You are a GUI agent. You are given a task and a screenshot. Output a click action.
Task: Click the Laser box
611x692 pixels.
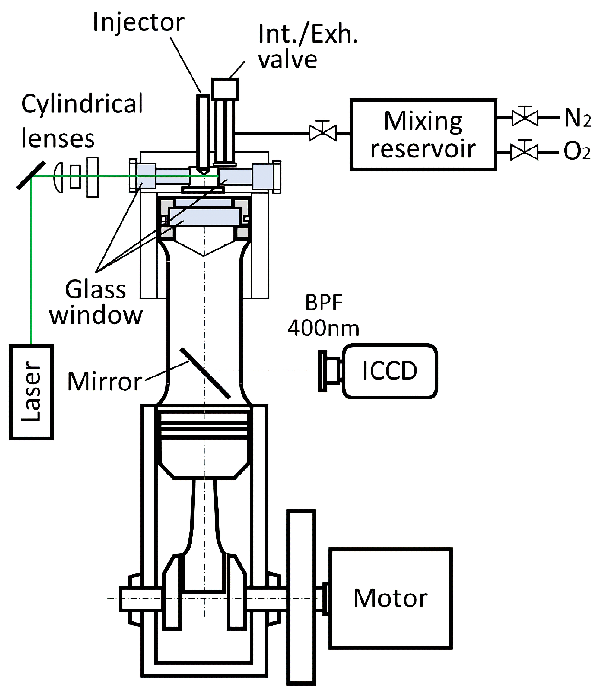tap(31, 392)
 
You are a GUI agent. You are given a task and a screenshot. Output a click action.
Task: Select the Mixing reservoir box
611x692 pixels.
tap(423, 135)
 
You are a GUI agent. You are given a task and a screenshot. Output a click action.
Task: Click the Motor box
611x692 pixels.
tap(390, 598)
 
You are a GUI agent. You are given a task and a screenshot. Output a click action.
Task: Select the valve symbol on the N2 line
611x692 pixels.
tap(525, 117)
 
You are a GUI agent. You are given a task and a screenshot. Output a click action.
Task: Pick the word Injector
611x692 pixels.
tap(139, 23)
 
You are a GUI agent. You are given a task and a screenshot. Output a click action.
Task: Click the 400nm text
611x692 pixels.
tap(323, 328)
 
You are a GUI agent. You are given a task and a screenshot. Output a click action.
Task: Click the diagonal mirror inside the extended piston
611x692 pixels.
tap(205, 373)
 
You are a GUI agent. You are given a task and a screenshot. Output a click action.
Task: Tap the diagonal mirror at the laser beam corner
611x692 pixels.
tap(31, 175)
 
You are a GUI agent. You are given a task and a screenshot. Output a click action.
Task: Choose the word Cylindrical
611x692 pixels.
tap(82, 104)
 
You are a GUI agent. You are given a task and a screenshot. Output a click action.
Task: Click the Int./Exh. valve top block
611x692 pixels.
tap(225, 89)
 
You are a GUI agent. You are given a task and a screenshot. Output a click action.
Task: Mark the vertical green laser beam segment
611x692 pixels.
tap(31, 261)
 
